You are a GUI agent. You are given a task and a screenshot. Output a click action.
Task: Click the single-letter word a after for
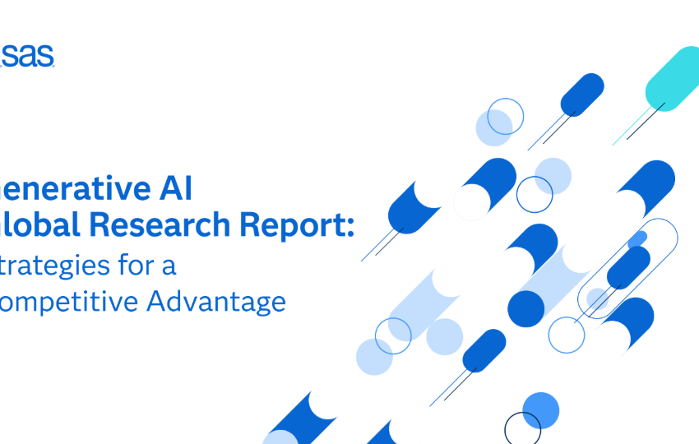[170, 267]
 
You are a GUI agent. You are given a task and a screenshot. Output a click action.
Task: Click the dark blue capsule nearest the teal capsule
[582, 94]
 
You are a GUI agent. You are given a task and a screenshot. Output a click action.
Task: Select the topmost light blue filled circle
[493, 127]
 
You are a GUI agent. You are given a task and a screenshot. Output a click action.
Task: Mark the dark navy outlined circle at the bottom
[522, 429]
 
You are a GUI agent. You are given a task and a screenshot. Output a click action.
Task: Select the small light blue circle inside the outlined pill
[598, 299]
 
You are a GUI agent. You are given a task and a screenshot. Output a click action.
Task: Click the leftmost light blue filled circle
[374, 356]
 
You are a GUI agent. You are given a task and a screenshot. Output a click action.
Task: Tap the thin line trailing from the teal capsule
[641, 123]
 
